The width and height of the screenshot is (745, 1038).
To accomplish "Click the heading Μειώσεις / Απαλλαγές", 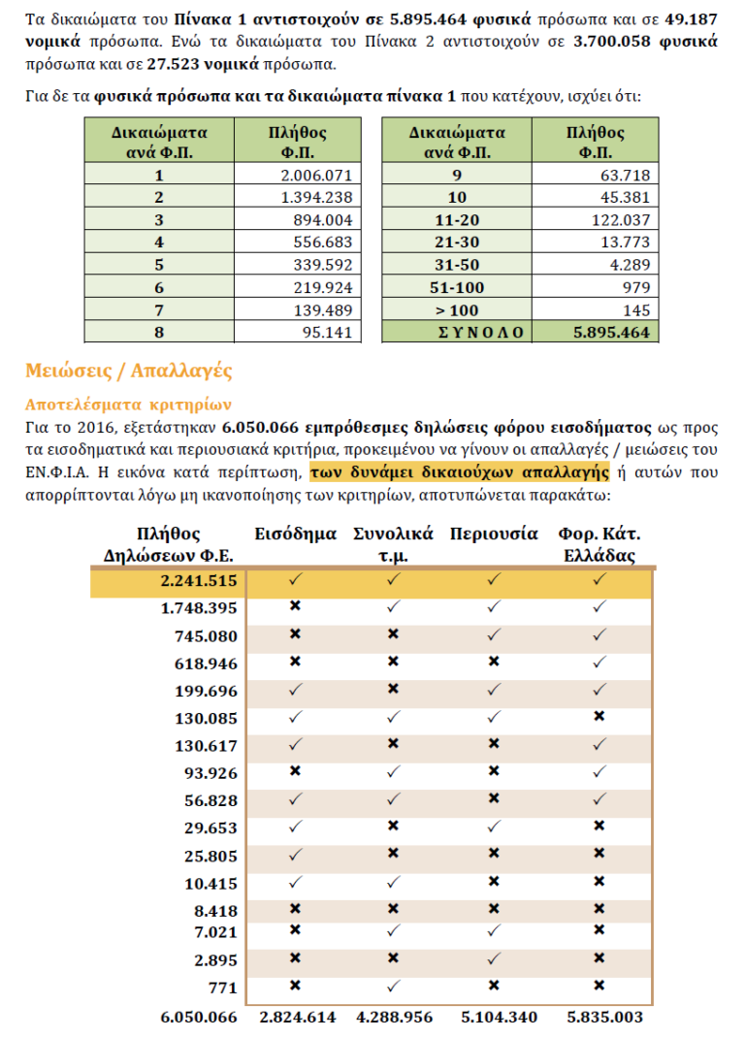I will [x=128, y=372].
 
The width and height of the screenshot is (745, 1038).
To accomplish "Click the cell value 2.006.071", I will [x=315, y=176].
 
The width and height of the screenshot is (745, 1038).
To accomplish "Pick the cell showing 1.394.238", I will [x=315, y=197].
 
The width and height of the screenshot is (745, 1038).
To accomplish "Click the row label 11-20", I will [x=457, y=220].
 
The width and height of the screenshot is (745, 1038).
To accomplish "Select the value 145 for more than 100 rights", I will [x=636, y=309].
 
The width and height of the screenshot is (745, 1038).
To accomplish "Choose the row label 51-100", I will [x=457, y=287].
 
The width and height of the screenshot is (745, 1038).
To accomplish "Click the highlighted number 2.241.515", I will [x=198, y=580].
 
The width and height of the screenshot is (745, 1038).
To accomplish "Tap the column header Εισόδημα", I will [x=296, y=535].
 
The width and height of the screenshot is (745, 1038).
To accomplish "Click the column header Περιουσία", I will [x=494, y=535].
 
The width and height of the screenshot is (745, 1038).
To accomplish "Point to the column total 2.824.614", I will [x=298, y=1018].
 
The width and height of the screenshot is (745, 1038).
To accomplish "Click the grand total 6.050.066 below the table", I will [x=198, y=1018].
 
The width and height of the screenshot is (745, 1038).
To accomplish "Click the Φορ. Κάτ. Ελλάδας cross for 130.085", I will [x=599, y=717].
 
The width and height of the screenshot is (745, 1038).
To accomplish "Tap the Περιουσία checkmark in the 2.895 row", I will [x=494, y=958].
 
